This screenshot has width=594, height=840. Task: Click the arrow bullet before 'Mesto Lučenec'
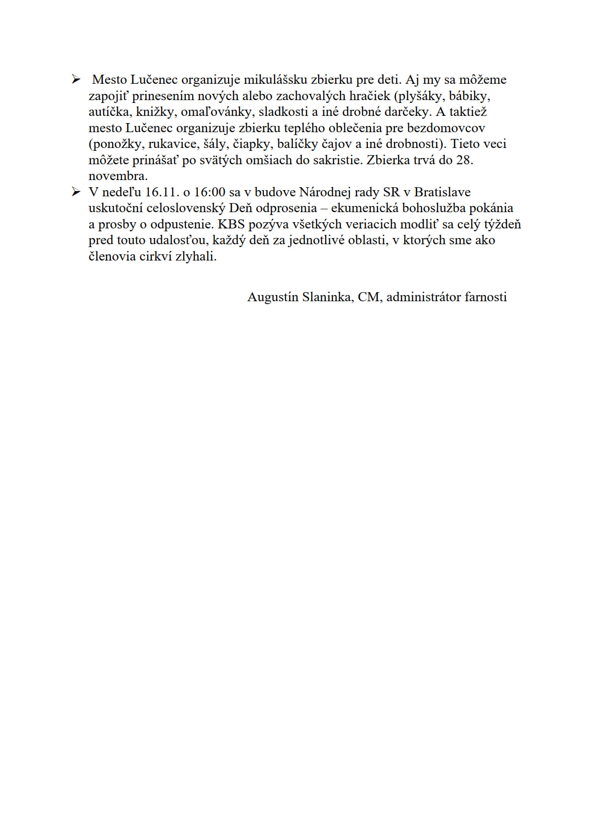76,79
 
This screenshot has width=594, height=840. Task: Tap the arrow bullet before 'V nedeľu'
76,192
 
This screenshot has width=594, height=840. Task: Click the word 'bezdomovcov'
446,128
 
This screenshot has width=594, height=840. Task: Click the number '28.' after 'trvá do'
464,160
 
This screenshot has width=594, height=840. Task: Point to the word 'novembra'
118,176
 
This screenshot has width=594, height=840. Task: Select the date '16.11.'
162,192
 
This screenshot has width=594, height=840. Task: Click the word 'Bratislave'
442,192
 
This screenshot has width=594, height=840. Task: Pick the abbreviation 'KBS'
231,224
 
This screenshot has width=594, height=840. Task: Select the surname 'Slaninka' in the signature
328,297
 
